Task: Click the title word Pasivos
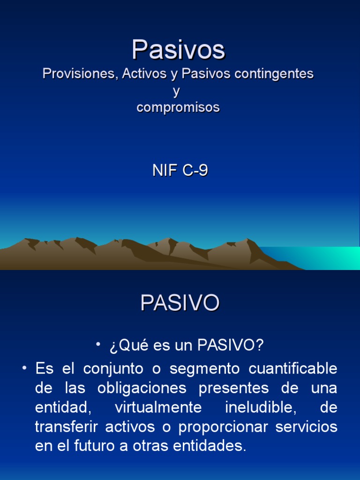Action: [178, 49]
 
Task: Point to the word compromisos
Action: [178, 107]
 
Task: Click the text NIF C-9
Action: [180, 171]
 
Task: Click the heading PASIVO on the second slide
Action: [180, 303]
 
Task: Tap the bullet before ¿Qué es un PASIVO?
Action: [98, 345]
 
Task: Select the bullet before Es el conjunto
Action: [23, 368]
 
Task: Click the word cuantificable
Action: [293, 368]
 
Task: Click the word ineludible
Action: [261, 407]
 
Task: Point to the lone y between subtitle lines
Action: [177, 91]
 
